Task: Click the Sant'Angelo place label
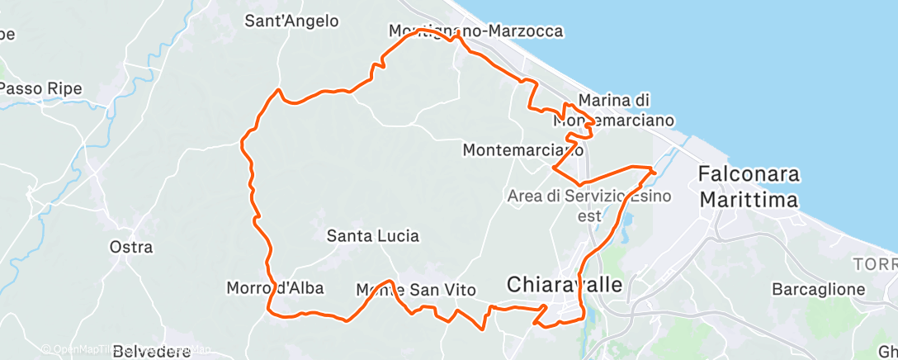(x=291, y=21)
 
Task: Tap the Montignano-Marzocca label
(x=476, y=31)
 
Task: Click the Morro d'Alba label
(x=275, y=288)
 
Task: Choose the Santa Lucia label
(x=373, y=236)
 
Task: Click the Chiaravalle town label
(x=566, y=285)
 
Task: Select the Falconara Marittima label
(x=749, y=187)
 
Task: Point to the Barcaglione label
(x=818, y=289)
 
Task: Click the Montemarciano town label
(x=524, y=150)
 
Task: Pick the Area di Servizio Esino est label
(x=590, y=205)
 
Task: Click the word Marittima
(x=749, y=201)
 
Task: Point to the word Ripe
(x=71, y=88)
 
